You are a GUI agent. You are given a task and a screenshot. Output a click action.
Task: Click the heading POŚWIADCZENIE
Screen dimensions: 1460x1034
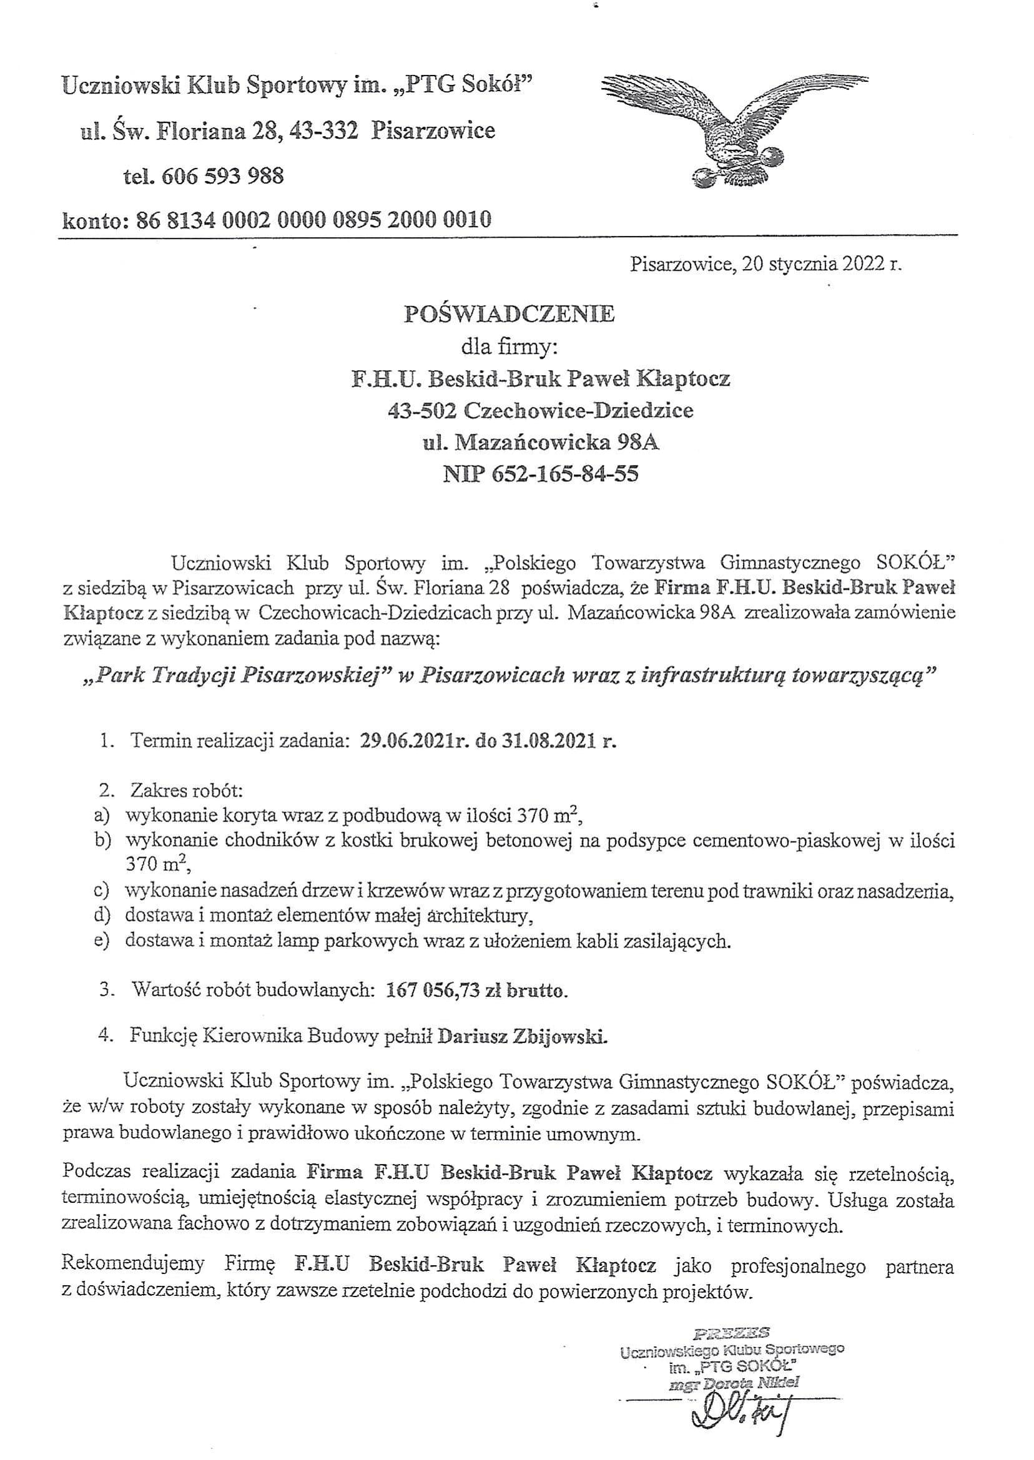coord(510,315)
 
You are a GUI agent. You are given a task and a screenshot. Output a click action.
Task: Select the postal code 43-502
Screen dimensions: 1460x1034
coord(422,411)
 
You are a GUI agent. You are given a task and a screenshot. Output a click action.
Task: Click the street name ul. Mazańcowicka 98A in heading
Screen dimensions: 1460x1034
coord(541,442)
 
